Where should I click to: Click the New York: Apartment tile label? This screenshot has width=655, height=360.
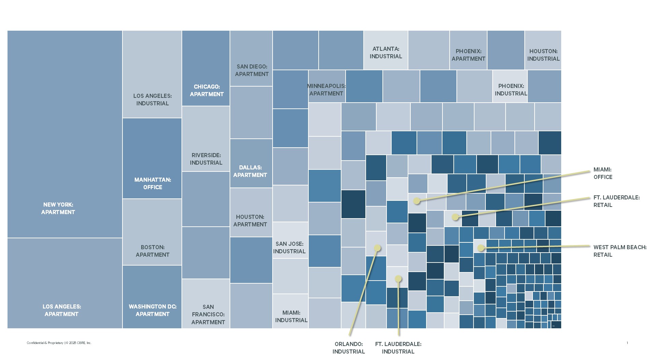pos(58,208)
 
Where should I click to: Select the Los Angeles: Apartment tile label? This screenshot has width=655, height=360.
pos(62,310)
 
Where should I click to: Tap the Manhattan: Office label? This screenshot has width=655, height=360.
pos(152,183)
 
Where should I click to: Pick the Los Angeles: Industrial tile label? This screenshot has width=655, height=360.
pos(152,100)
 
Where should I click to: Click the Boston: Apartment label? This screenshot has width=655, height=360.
pos(152,251)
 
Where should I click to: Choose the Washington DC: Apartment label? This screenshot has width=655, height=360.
pos(152,310)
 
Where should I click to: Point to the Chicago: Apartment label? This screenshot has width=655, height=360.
pos(207,90)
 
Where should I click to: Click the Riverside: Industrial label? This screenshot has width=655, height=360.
pos(206,159)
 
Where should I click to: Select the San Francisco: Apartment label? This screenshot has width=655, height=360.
pos(208,314)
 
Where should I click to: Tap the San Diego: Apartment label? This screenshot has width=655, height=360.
pos(252,70)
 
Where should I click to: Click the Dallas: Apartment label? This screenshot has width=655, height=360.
pos(250,171)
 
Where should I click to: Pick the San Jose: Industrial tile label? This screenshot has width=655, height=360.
pos(289,247)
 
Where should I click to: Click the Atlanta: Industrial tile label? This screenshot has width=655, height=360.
pos(386,52)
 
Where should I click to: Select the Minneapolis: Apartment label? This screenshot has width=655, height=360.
pos(326,90)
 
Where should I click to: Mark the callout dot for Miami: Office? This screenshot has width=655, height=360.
pos(417,201)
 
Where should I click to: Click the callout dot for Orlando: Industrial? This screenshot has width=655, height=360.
pos(377,248)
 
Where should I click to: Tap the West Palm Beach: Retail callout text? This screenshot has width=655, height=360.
pos(620,251)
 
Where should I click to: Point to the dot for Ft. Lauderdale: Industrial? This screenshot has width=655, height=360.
pos(398,279)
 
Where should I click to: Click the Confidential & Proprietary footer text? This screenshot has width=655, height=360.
pos(59,343)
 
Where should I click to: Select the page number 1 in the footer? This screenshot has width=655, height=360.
pos(627,343)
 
